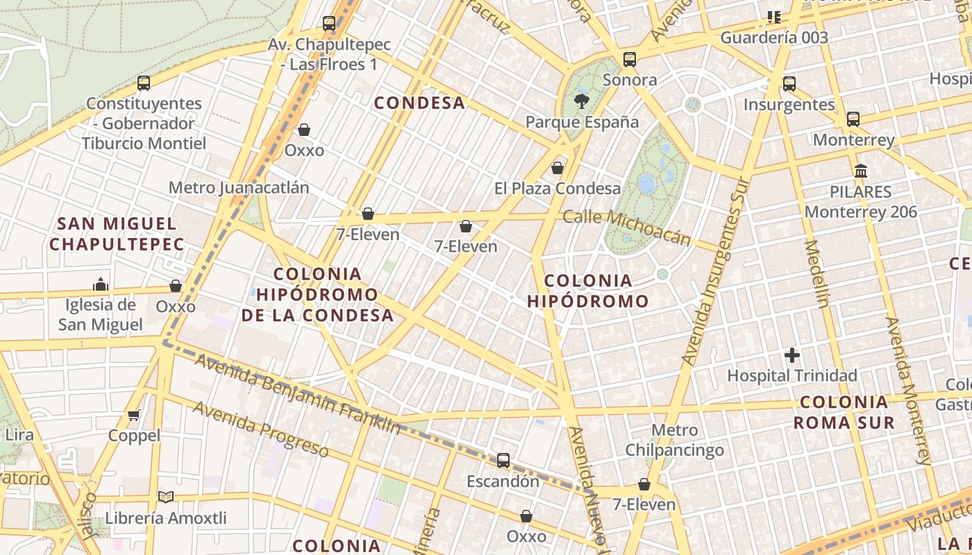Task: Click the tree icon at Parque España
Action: coord(580,102)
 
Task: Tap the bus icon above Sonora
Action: coord(630,60)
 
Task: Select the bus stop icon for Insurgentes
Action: coord(789,84)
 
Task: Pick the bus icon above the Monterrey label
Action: coord(853,119)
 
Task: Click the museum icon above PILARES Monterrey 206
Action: coord(861,170)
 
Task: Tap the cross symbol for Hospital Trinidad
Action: coord(791,356)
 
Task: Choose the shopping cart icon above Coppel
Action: coord(134,415)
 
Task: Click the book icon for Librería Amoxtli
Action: coord(165,497)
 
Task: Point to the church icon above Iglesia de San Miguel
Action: coord(101,284)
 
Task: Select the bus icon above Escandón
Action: coord(503,460)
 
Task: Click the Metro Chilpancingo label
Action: coord(674,440)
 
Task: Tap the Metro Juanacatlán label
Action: coord(238,187)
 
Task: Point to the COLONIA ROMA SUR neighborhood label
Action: coord(844,412)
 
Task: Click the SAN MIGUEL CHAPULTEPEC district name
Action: coord(117,234)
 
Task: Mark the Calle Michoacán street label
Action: coord(626,227)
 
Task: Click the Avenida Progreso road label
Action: coord(260,429)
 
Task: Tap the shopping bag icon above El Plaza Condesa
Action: coord(558,168)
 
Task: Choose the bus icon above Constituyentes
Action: coord(144,83)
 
